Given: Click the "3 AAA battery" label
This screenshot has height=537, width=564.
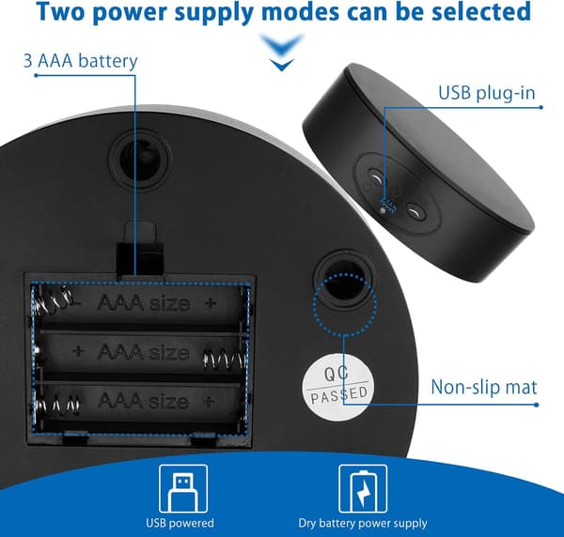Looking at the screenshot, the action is coord(80,61).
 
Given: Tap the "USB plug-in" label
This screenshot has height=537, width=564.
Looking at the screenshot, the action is coord(487,93).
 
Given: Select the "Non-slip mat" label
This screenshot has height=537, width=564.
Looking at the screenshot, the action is coord(484,387).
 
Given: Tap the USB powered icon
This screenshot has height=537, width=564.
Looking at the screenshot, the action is coord(183,488).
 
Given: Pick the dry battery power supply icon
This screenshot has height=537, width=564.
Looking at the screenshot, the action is coord(363,488).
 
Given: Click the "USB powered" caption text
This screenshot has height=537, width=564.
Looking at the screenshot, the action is coord(180,523).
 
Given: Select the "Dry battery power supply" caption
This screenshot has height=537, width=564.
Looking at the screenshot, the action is coord(363,523).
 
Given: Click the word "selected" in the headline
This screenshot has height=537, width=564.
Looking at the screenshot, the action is coord(481,11).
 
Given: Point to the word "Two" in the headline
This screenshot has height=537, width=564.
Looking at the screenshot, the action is coord(64,11).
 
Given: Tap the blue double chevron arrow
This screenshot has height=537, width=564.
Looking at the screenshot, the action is coord(282,52).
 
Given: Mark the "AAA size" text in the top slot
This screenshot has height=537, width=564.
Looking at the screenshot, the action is coord(144,303).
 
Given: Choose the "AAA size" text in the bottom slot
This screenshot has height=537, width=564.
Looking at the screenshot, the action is coord(143,401).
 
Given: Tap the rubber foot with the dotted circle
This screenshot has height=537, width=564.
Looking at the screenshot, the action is coord(344,282).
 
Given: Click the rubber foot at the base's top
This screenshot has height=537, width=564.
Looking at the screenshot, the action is coord(139,160).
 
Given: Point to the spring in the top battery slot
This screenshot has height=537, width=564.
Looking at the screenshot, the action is coord(54,301).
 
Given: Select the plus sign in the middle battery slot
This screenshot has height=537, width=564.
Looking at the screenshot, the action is coord(78,350).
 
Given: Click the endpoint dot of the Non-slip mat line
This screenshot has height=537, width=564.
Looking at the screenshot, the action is coord(537,405).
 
